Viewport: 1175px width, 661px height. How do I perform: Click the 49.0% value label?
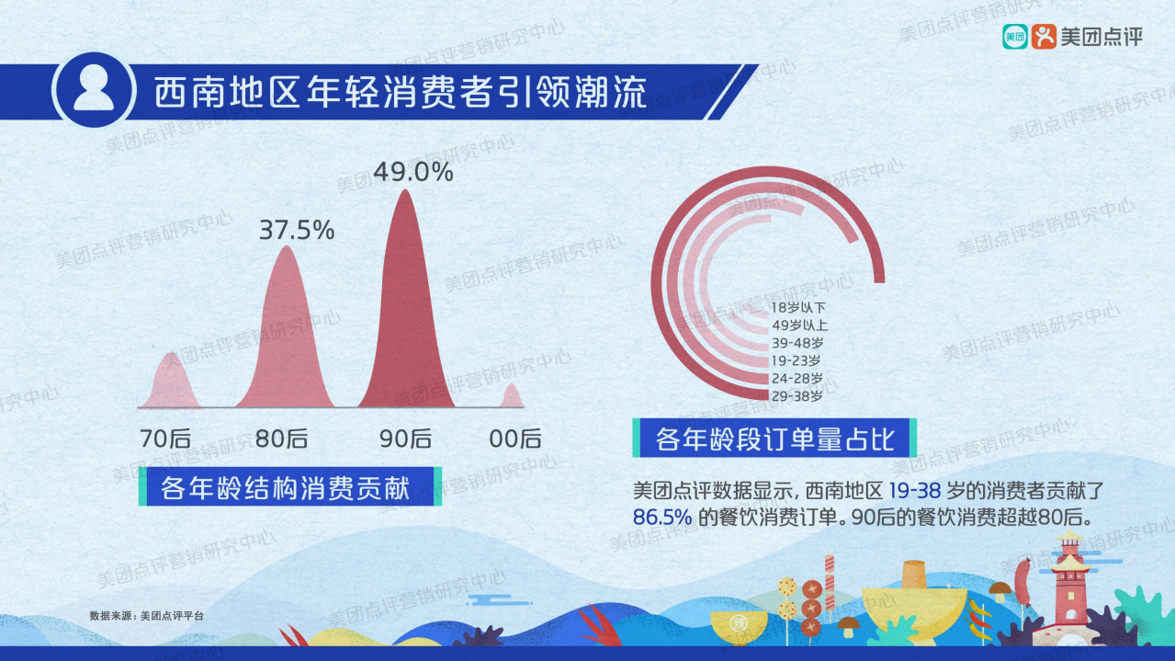click(x=413, y=172)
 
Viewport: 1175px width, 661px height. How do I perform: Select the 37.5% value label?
click(x=296, y=230)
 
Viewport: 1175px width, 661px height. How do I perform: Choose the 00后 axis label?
click(x=515, y=439)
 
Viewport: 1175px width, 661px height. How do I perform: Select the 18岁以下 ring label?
click(x=797, y=308)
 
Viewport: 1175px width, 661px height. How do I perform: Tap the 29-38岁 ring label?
click(x=797, y=395)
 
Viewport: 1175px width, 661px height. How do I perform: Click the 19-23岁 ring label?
click(x=797, y=360)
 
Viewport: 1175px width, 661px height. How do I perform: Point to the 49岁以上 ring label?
click(x=799, y=325)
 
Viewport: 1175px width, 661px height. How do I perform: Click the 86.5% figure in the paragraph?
click(x=661, y=517)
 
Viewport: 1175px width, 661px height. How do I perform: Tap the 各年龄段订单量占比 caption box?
click(x=774, y=439)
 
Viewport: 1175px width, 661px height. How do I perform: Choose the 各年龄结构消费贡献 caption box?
click(x=284, y=486)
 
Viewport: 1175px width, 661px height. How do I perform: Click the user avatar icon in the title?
click(x=93, y=89)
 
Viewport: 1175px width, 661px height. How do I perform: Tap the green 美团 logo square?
click(x=1014, y=37)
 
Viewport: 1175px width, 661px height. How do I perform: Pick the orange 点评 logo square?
click(x=1044, y=37)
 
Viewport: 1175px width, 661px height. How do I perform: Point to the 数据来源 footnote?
click(x=146, y=615)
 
